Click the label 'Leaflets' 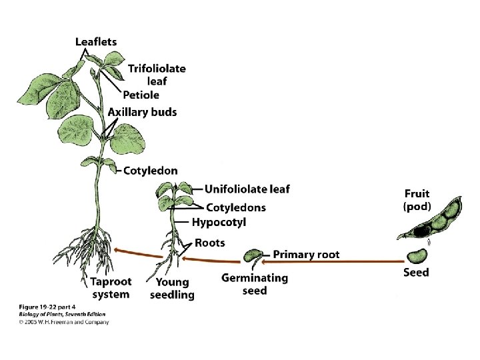(x=96, y=41)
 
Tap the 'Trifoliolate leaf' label (x=157, y=74)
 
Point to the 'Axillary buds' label (x=143, y=112)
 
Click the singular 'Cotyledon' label (x=151, y=171)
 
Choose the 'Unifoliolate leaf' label (x=247, y=189)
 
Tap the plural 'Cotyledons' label (x=235, y=207)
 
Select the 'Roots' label (x=210, y=243)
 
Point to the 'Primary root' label (x=306, y=254)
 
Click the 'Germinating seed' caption (x=255, y=284)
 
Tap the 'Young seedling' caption (x=172, y=289)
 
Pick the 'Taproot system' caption (x=111, y=288)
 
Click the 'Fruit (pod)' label (x=417, y=200)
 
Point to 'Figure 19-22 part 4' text (x=47, y=308)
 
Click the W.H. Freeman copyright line (x=63, y=322)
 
